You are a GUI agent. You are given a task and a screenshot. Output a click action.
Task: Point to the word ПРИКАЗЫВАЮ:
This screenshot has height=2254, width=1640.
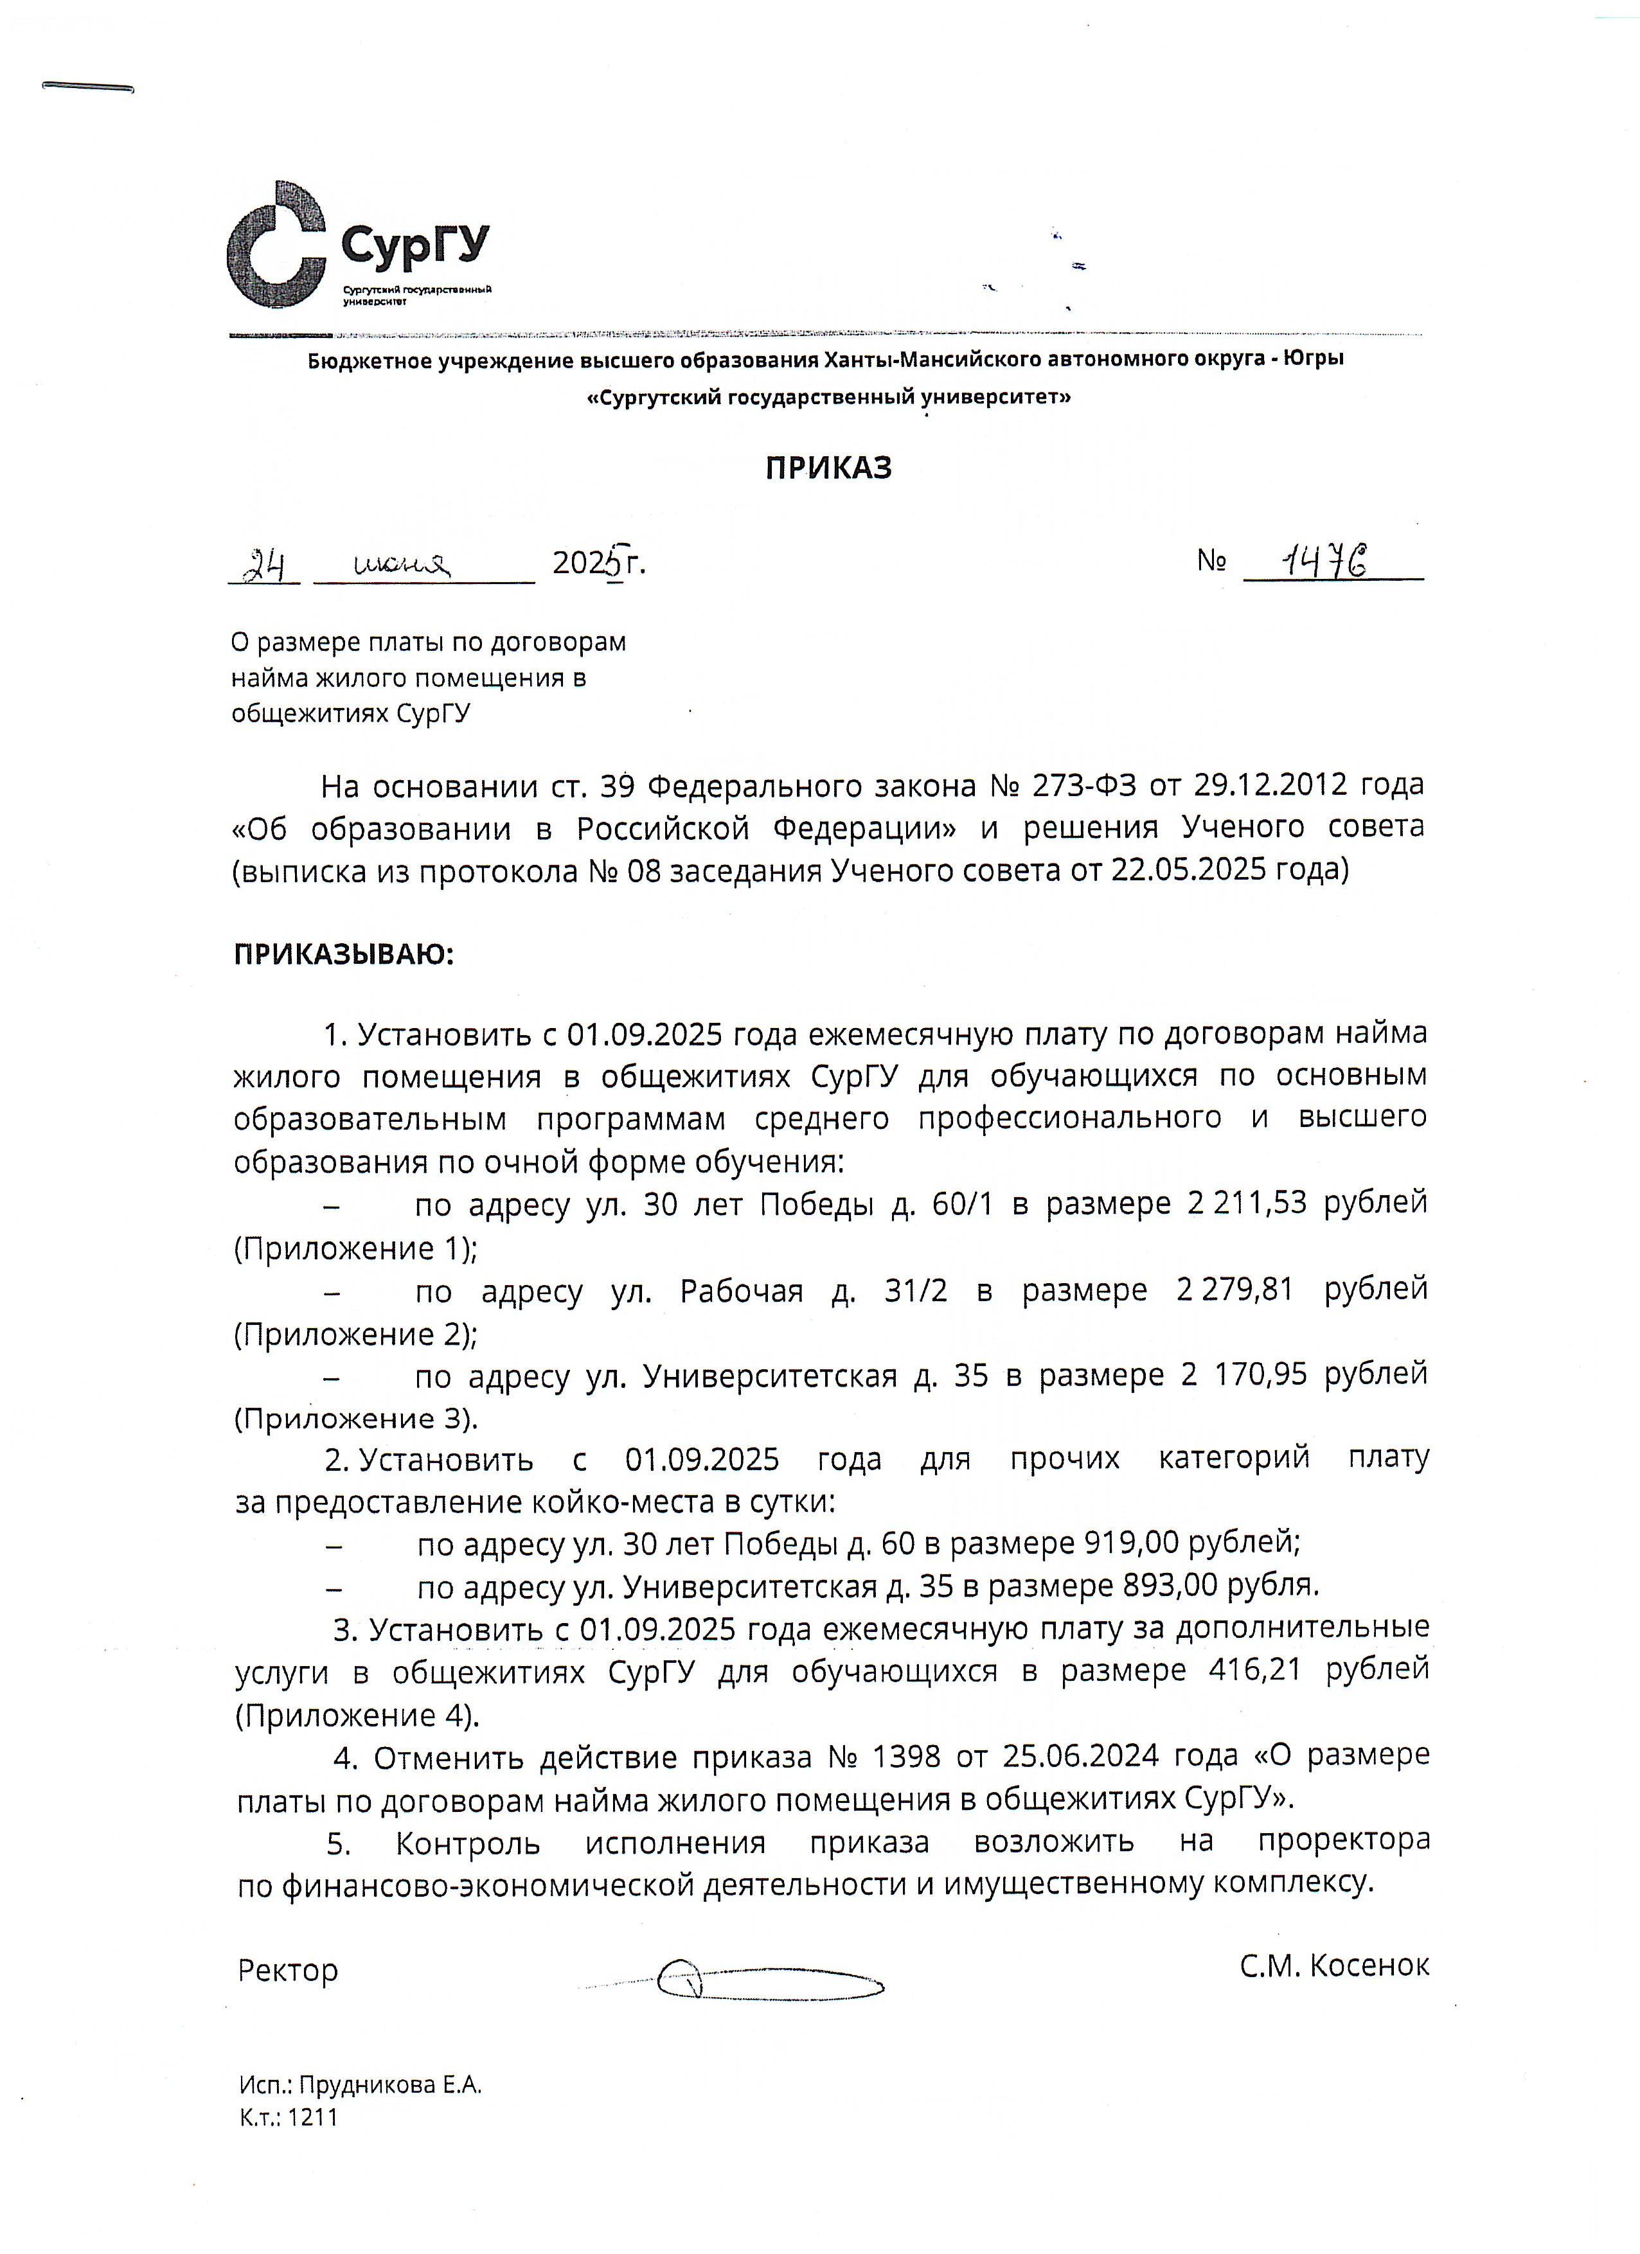click(343, 955)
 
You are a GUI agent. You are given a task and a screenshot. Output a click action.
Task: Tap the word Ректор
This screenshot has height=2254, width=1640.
click(289, 1970)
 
